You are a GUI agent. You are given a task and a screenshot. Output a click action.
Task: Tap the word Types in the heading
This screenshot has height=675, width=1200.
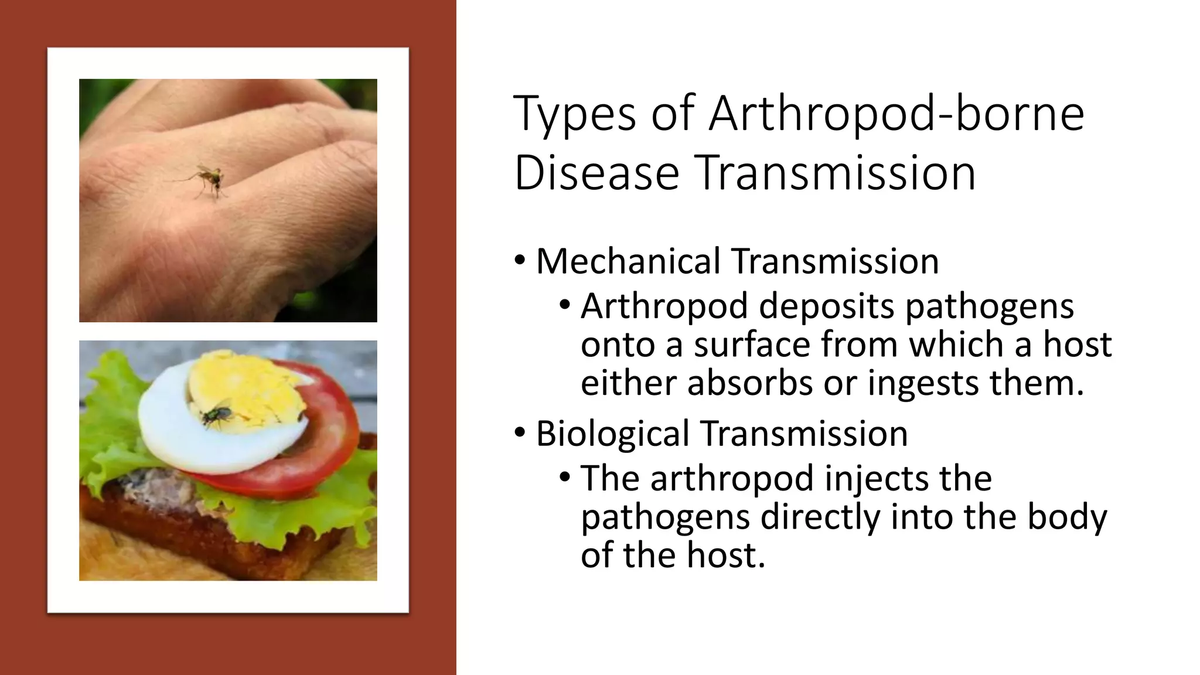(574, 115)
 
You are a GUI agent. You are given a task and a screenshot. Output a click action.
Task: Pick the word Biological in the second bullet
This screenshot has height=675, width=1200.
(612, 434)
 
